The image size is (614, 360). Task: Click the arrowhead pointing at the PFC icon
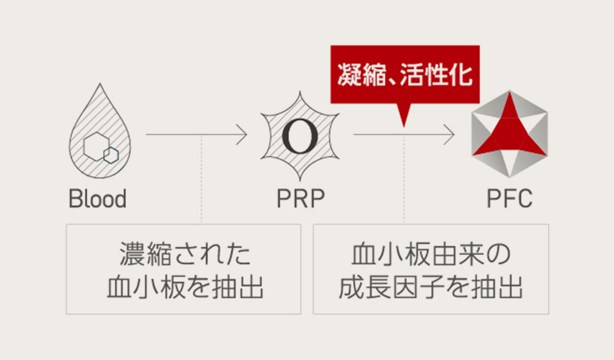click(x=450, y=134)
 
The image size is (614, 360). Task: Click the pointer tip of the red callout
click(x=404, y=124)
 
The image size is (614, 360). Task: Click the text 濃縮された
click(x=184, y=255)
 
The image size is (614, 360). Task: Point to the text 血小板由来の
click(x=431, y=255)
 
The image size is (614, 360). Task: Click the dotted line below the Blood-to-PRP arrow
click(x=201, y=180)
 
